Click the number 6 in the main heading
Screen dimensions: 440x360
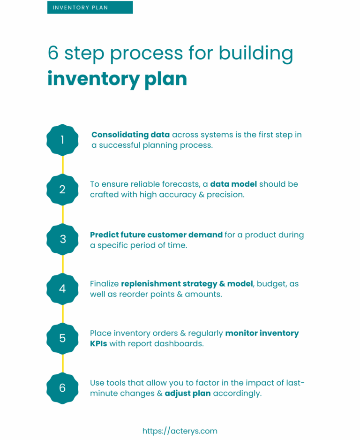tap(53, 53)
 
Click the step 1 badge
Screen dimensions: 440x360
tap(62, 140)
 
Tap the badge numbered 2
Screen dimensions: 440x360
tap(62, 190)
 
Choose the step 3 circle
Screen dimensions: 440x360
tap(62, 239)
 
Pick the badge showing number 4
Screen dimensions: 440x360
tap(62, 289)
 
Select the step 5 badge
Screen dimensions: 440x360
tap(62, 338)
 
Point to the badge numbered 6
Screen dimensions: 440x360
tap(62, 388)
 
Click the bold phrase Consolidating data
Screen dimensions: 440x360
tap(130, 135)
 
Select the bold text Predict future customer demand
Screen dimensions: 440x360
tap(156, 235)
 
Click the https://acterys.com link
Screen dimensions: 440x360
tap(180, 431)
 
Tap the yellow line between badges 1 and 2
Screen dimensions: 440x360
tap(63, 165)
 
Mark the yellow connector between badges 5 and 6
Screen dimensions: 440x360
tap(63, 363)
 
